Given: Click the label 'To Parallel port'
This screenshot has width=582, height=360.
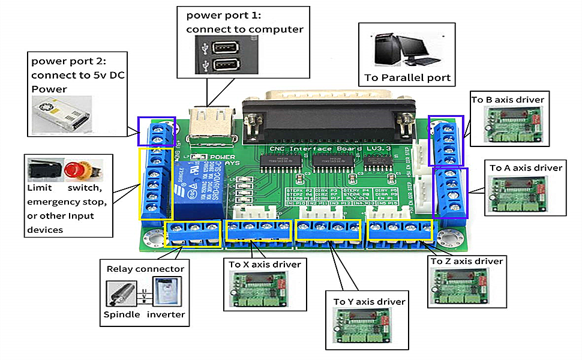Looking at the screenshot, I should tap(407, 78).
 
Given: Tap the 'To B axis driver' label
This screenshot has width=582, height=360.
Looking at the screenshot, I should tap(508, 100).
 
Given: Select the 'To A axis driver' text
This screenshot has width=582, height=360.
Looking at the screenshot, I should tap(526, 168).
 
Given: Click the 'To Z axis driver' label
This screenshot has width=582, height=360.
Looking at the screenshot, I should tap(466, 261).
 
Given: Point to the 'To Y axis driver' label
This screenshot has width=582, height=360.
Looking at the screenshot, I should tap(369, 301).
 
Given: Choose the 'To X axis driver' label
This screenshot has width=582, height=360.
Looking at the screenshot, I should tap(265, 264).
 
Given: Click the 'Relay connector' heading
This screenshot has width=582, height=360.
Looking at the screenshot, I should tap(145, 269).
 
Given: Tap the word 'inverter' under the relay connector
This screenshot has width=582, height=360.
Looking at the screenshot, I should tap(166, 314).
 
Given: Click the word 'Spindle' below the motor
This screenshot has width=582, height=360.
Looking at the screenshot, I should tap(122, 314).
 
